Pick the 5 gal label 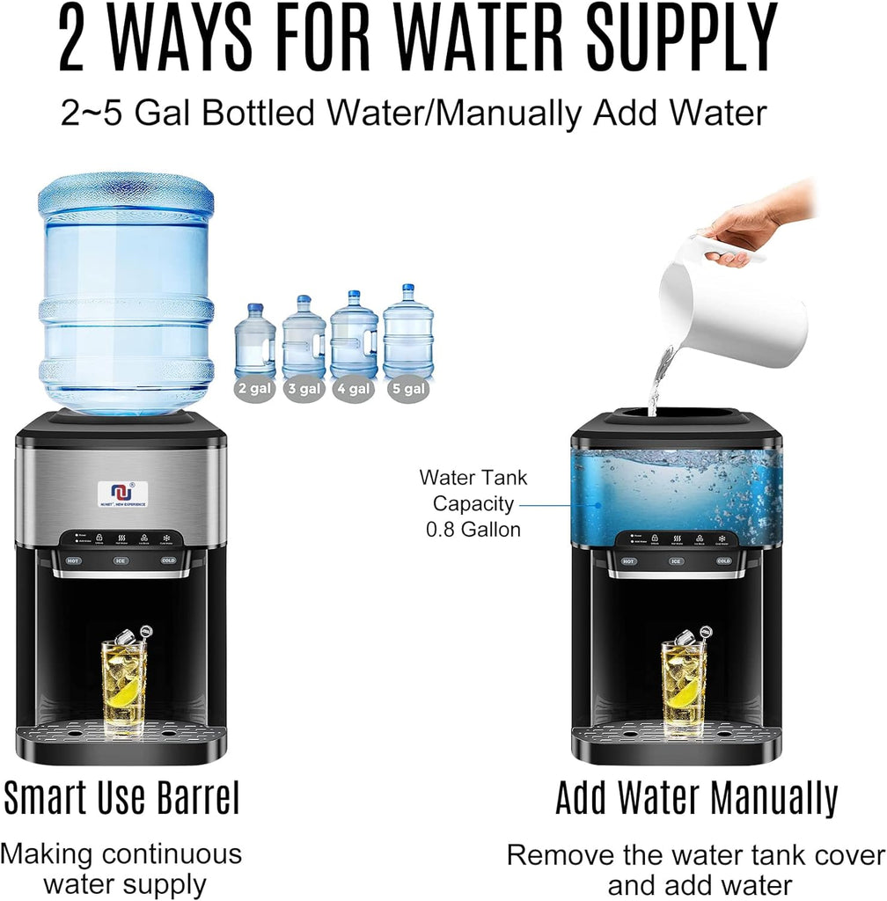click(x=407, y=388)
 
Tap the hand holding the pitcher click(x=757, y=220)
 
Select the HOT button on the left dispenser click(x=72, y=560)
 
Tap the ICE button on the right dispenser click(x=676, y=560)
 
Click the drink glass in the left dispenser click(x=124, y=683)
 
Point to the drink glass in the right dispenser click(x=684, y=683)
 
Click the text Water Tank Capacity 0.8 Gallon click(x=473, y=503)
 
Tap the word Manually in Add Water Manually click(x=773, y=799)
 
